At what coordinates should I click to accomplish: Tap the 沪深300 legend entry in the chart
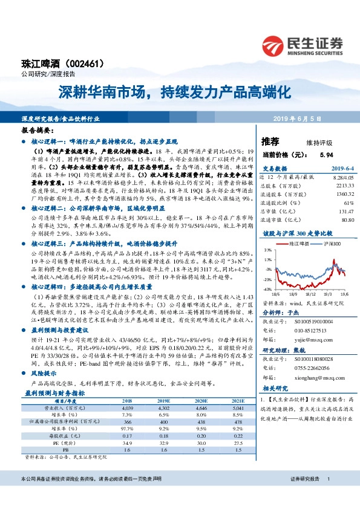pyautogui.click(x=327, y=242)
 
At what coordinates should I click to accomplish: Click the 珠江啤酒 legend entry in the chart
pyautogui.click(x=295, y=242)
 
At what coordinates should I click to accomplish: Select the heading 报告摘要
pyautogui.click(x=38, y=129)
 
